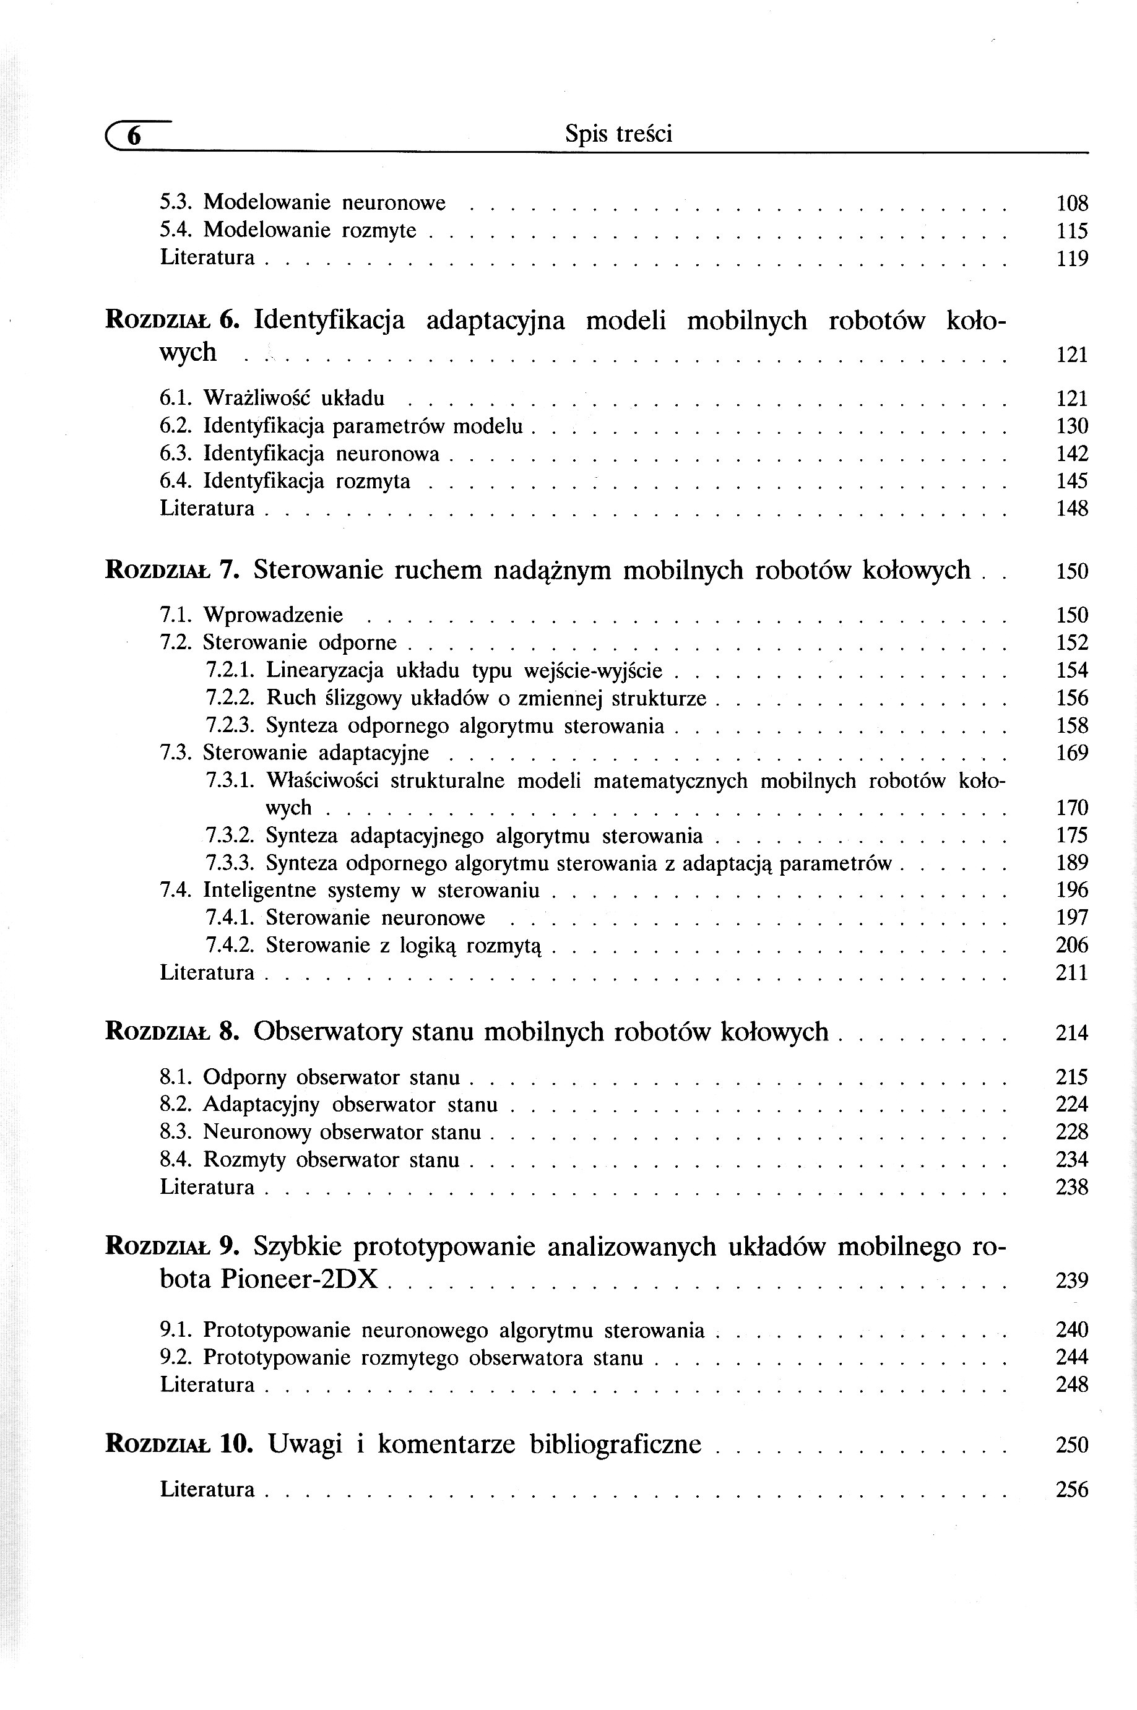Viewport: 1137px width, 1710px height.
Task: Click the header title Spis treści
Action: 618,134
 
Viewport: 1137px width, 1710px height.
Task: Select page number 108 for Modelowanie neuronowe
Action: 1072,203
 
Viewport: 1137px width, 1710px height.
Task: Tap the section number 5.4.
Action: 174,230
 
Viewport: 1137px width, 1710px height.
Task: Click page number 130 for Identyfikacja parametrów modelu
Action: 1072,426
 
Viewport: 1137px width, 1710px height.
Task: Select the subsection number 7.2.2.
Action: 230,698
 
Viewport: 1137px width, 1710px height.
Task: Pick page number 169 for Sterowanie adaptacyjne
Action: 1072,753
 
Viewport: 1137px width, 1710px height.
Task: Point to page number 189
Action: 1072,863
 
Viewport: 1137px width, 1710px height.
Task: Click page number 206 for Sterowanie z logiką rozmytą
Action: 1072,945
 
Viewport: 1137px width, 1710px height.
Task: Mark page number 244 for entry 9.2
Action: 1072,1358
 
